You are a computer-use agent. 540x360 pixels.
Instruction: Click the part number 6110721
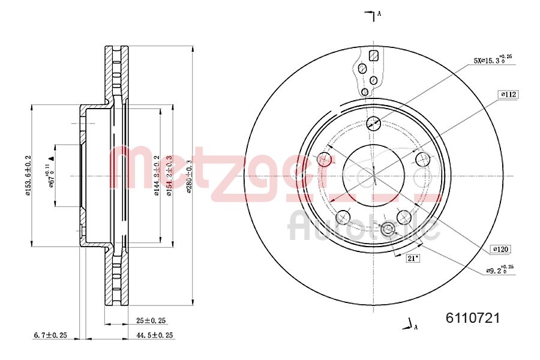(472, 318)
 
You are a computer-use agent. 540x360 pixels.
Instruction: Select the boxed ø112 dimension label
(508, 94)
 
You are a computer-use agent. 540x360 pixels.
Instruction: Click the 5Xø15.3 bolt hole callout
(493, 60)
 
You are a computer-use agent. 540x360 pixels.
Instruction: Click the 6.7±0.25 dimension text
(50, 335)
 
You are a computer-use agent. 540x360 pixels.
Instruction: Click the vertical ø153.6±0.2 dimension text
(28, 176)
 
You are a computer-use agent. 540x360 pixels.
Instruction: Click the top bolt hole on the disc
(373, 124)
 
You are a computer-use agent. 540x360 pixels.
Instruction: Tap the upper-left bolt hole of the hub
(324, 160)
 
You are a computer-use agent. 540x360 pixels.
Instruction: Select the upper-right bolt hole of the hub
(423, 160)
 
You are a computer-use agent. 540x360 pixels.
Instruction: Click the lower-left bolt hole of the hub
(343, 217)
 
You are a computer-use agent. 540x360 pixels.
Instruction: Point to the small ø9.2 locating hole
(387, 229)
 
